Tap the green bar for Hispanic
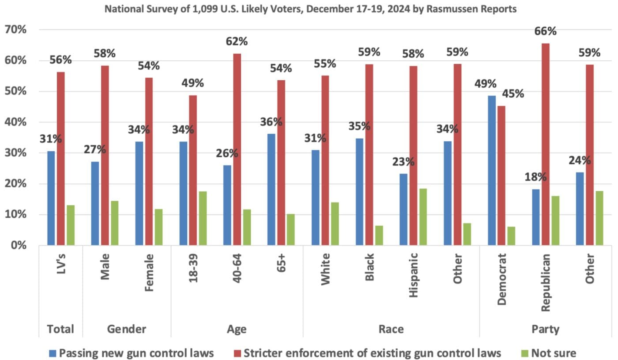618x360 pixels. [423, 217]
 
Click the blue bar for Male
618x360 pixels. [95, 203]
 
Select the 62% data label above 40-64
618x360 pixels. [237, 42]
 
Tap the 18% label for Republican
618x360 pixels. [536, 177]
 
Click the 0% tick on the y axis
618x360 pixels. [18, 245]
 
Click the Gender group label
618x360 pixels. [127, 329]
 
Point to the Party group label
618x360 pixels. [546, 329]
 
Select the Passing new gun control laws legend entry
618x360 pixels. [132, 352]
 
